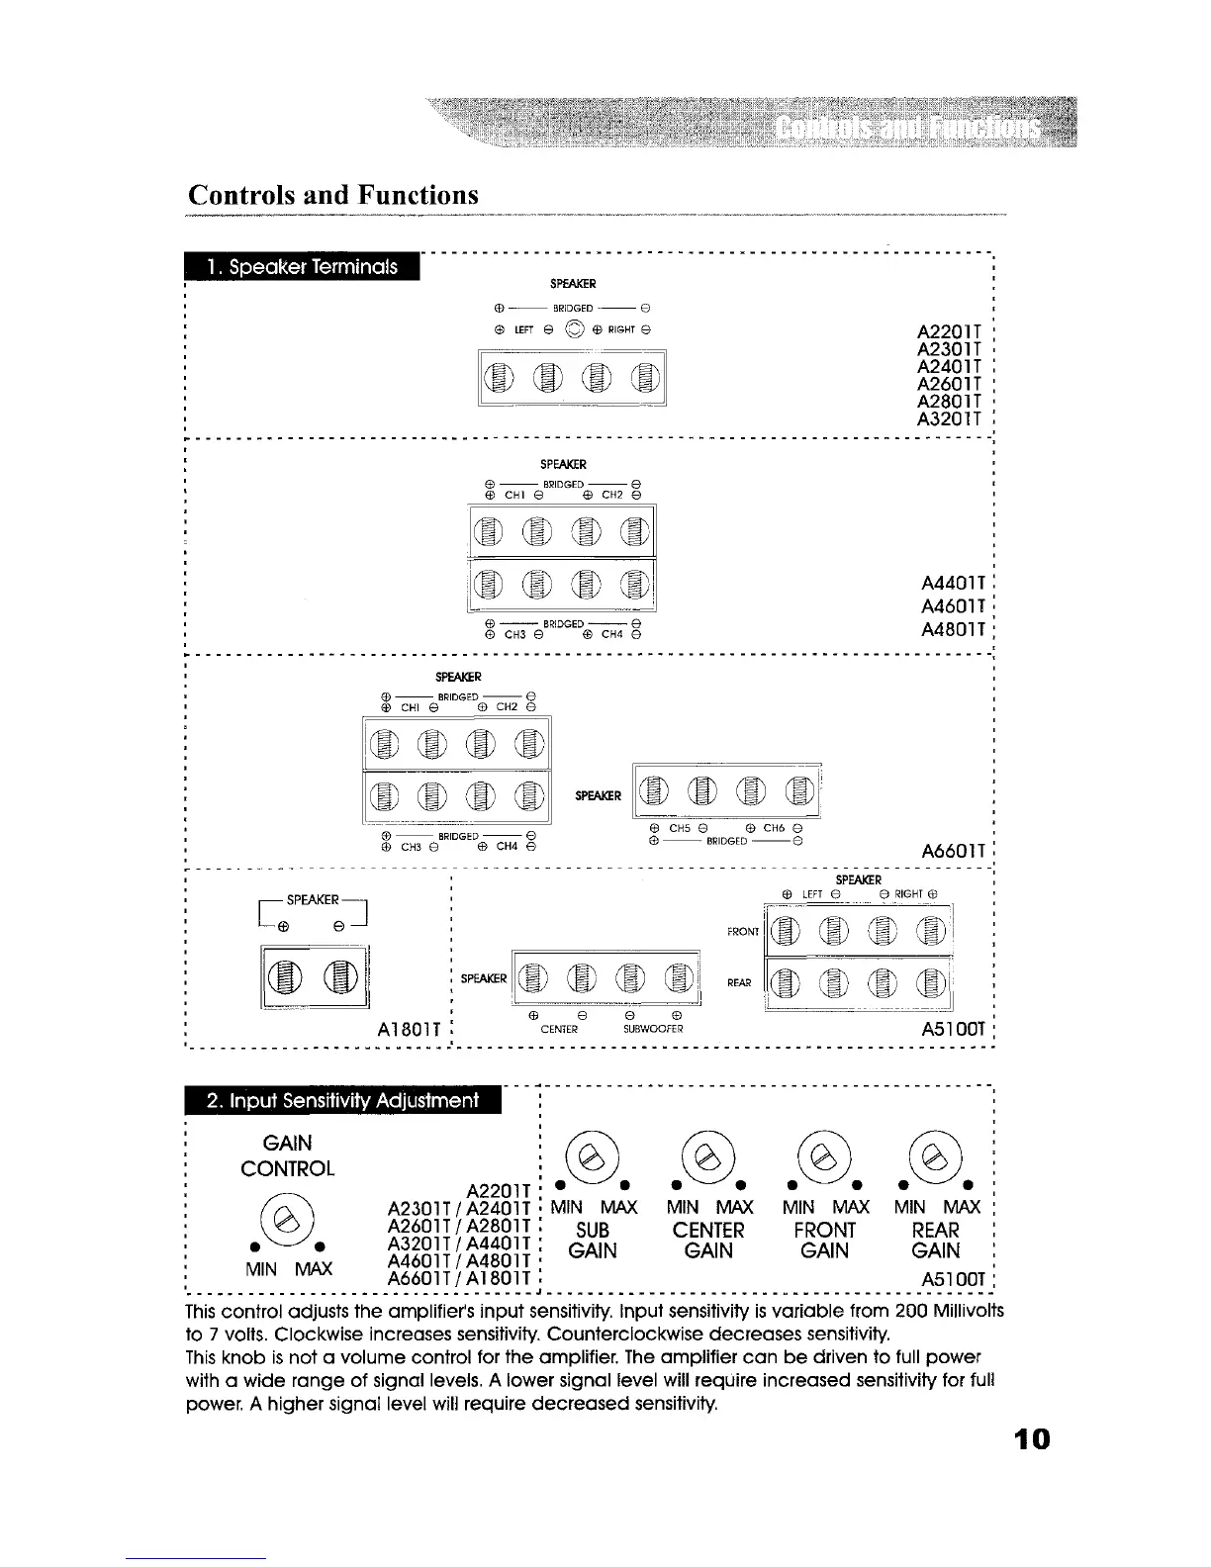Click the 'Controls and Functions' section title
click(333, 194)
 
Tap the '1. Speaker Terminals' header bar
click(302, 267)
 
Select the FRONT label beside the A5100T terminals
click(743, 931)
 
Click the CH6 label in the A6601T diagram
click(774, 828)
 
